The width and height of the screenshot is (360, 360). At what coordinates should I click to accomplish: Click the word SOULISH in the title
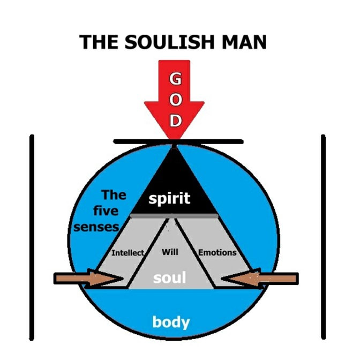169,42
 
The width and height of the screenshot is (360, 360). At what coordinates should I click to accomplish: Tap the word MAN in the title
244,42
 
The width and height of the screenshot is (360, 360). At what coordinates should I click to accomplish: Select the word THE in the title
99,42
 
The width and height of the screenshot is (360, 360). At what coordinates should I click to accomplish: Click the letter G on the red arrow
176,79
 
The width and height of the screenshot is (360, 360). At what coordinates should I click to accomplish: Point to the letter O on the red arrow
176,100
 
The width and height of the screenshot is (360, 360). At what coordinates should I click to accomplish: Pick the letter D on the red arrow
176,121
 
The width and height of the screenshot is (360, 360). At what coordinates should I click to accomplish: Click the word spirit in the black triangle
169,199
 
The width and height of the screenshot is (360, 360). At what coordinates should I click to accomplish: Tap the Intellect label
127,253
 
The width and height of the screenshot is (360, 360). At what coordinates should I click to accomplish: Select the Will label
170,252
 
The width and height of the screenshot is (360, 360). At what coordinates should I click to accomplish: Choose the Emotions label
217,252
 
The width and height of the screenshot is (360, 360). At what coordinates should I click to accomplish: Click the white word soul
169,277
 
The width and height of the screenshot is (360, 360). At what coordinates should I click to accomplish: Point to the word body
171,322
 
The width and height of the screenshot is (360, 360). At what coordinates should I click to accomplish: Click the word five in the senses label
106,211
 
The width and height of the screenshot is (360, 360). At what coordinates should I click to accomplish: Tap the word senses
96,227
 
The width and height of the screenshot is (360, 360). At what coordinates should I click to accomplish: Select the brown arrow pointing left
260,279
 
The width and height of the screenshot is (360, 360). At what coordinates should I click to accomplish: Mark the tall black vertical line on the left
32,237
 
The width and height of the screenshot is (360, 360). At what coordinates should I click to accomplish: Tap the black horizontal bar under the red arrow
178,141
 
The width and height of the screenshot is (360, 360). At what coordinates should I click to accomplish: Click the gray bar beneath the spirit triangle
174,216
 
